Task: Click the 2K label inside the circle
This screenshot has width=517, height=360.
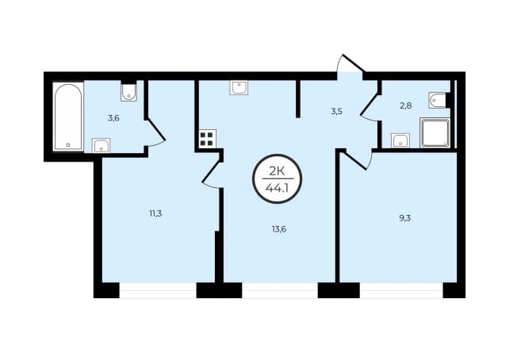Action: coord(278,171)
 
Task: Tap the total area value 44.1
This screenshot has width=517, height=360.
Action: coord(278,188)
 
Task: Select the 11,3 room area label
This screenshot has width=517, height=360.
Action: coord(155,213)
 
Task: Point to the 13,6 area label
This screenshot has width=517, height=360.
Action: coord(279,229)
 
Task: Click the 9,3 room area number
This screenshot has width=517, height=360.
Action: coord(405,218)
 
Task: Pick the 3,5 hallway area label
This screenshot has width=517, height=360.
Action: coord(337,111)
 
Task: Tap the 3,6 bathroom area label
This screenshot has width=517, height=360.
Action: coord(113,117)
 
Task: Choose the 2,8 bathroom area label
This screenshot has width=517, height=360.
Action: coord(405,105)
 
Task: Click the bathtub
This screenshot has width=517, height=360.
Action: coord(68,117)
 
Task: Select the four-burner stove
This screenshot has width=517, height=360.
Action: coord(208,139)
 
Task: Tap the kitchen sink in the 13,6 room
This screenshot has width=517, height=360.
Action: coord(239,88)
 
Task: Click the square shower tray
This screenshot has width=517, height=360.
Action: coord(435,133)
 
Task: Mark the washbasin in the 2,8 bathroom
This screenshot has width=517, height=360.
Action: coord(400,140)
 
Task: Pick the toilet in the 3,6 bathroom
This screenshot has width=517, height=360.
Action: coord(128,91)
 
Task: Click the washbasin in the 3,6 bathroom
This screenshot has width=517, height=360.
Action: coord(101,145)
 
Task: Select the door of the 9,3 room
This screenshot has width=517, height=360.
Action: coord(358,159)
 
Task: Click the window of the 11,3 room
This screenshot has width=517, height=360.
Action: coord(158,290)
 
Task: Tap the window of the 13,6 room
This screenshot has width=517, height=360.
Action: coord(280,290)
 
